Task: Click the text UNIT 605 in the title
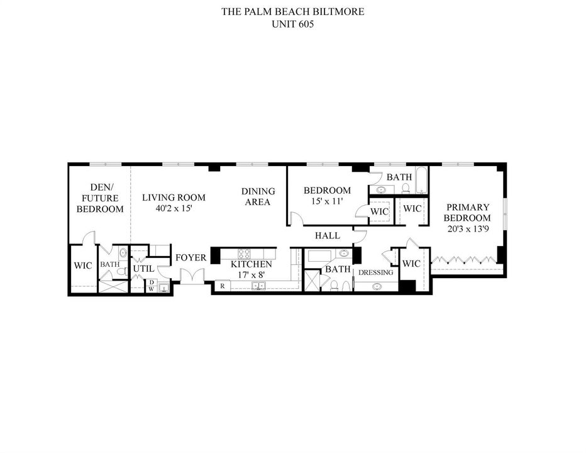click(x=292, y=25)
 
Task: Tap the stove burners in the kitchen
click(x=244, y=254)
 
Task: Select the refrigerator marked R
click(x=223, y=286)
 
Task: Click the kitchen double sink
click(x=258, y=286)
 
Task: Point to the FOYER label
click(x=191, y=258)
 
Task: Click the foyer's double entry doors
click(x=192, y=276)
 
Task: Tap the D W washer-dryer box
click(x=152, y=286)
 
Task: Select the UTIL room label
click(x=143, y=269)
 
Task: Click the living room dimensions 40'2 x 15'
click(x=174, y=208)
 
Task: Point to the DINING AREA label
click(x=258, y=197)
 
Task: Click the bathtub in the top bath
click(x=421, y=181)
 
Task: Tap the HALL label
click(x=328, y=236)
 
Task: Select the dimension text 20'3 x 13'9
click(x=468, y=228)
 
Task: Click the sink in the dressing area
click(x=377, y=286)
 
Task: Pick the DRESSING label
click(x=375, y=272)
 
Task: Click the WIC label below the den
click(x=82, y=266)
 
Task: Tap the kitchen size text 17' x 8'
click(x=251, y=274)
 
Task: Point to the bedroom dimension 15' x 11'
click(x=327, y=201)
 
